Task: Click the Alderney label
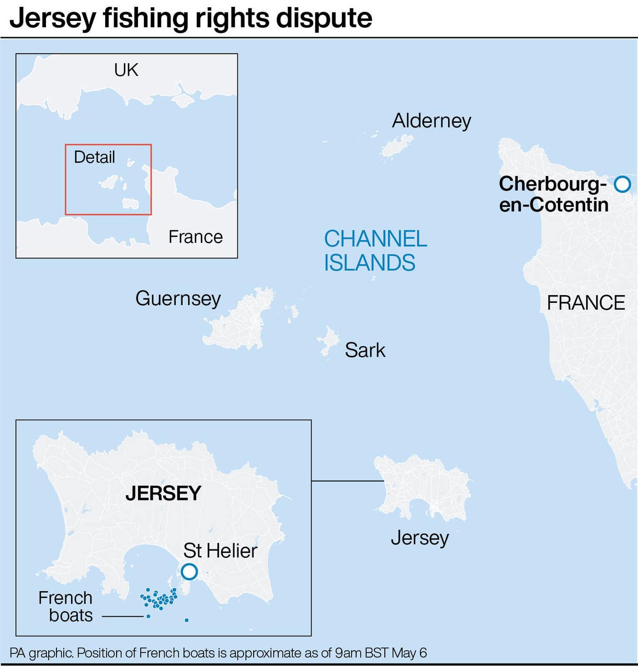431,121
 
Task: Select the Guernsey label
178,298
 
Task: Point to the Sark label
365,350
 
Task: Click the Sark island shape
329,341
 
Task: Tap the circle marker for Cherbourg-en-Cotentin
622,184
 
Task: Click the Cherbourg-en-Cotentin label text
553,194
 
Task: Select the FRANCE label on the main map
586,303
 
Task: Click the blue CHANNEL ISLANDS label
375,251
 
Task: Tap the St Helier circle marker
189,571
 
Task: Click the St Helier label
220,550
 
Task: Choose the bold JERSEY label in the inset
163,493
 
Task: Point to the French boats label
66,606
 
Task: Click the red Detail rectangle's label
94,157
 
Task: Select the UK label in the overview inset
126,70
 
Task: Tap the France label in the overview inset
196,237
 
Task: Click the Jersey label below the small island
420,537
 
